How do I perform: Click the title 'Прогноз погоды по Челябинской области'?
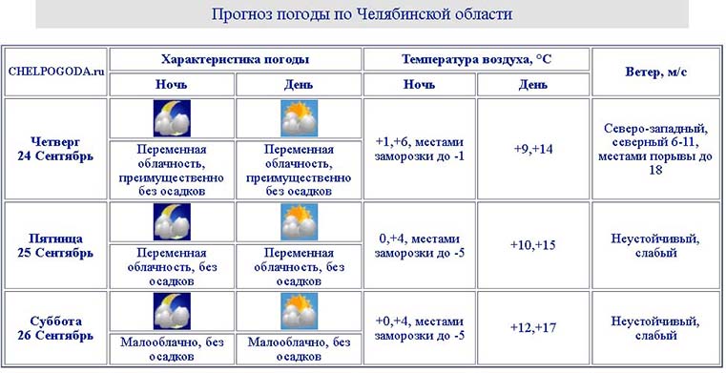(x=363, y=14)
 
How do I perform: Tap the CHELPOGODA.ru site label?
(x=56, y=72)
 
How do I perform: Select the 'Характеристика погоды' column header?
(x=236, y=59)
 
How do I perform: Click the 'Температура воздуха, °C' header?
(x=476, y=59)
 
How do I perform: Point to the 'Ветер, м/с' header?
(x=656, y=72)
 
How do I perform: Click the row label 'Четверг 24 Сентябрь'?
(x=55, y=149)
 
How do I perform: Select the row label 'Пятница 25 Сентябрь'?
(x=55, y=246)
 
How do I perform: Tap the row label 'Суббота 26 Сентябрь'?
(x=55, y=328)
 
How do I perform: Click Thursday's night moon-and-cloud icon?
(x=172, y=118)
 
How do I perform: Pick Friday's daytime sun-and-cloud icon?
(x=300, y=222)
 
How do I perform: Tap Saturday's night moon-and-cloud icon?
(x=172, y=311)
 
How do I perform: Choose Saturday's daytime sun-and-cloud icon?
(x=300, y=311)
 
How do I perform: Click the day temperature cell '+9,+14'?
(x=533, y=149)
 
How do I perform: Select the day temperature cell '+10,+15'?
(x=533, y=245)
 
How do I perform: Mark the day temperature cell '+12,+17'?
(x=533, y=327)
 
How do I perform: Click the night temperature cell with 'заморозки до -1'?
(x=420, y=149)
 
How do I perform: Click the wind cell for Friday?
(x=655, y=246)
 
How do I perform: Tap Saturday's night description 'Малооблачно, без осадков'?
(x=172, y=349)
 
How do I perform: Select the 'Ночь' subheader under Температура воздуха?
(x=420, y=85)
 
